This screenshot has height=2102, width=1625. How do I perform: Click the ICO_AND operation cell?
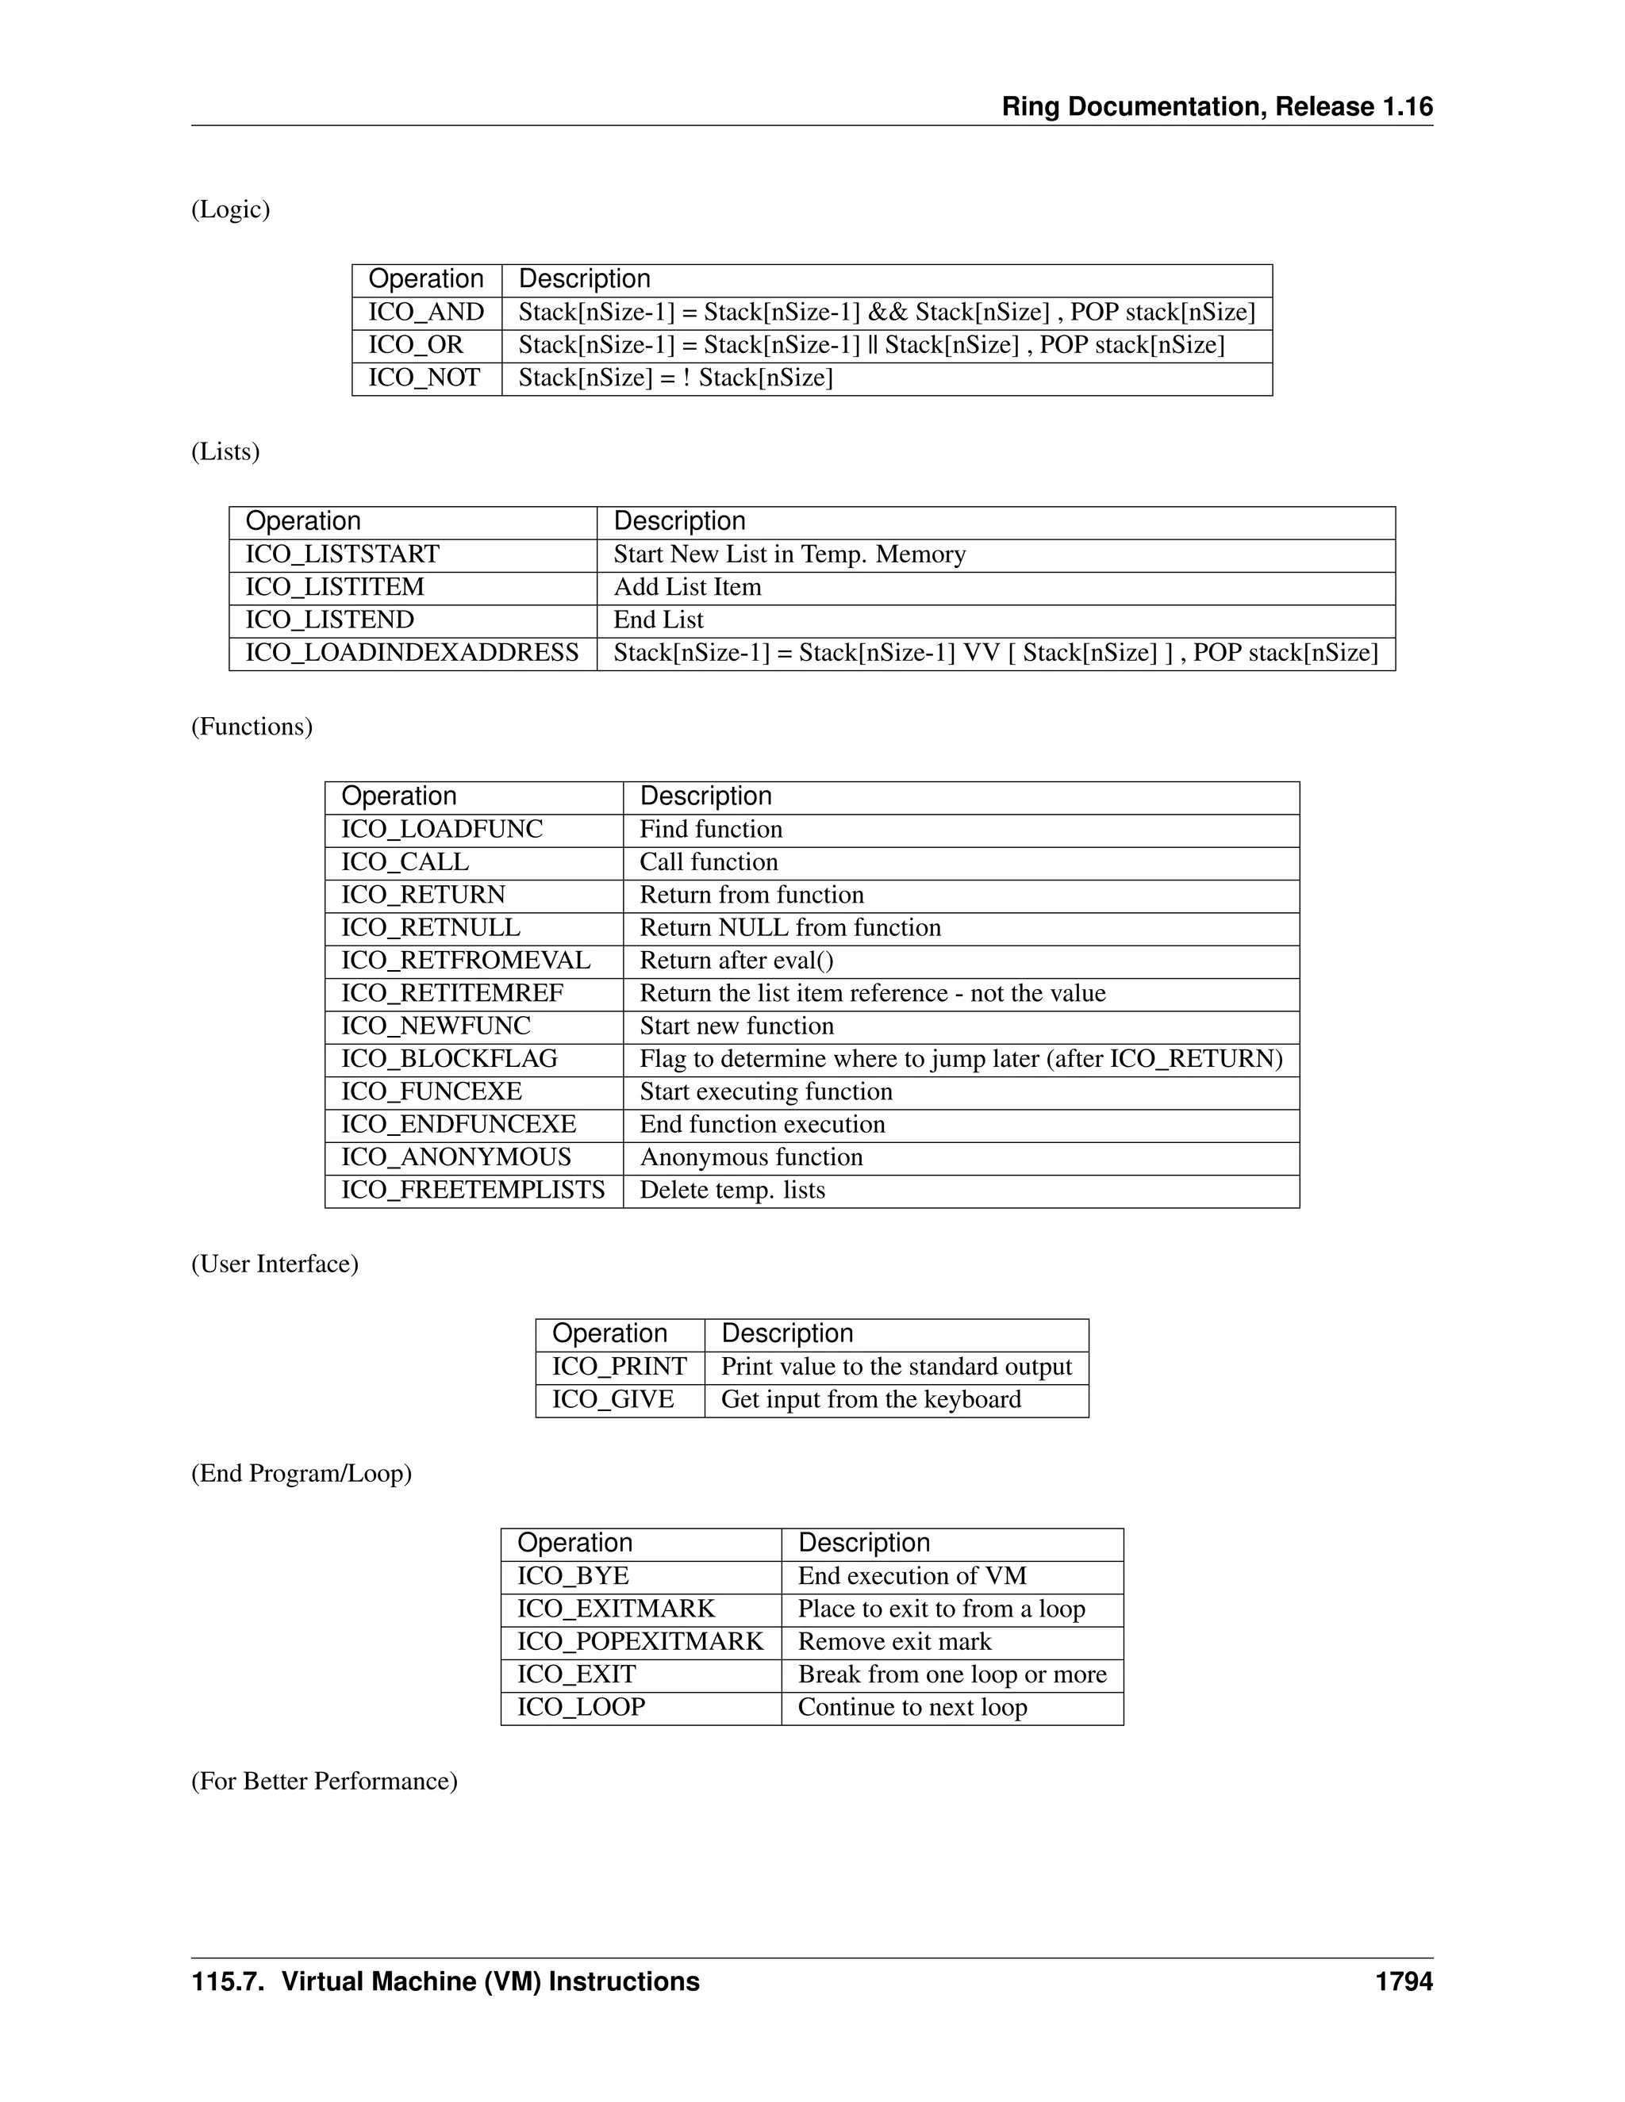click(x=425, y=312)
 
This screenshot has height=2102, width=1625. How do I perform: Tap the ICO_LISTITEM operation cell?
click(x=334, y=587)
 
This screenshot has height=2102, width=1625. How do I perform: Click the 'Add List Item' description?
click(x=687, y=587)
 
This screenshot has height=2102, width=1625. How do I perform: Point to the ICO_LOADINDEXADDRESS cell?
click(x=412, y=653)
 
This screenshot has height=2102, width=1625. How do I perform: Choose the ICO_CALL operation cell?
click(x=405, y=862)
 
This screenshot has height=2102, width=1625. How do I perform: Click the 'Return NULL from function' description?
click(x=790, y=928)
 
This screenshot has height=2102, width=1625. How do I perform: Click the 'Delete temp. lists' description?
click(x=732, y=1190)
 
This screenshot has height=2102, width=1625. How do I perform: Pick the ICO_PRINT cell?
click(x=619, y=1367)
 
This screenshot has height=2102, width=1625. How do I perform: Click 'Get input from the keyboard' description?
click(x=871, y=1399)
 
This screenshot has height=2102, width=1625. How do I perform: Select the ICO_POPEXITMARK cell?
click(x=640, y=1642)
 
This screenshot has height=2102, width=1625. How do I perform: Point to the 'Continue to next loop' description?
click(x=912, y=1708)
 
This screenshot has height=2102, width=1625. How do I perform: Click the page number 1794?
click(x=1404, y=1981)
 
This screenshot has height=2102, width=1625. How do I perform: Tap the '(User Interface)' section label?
click(x=275, y=1264)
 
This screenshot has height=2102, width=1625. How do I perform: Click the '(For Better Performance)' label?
click(x=324, y=1782)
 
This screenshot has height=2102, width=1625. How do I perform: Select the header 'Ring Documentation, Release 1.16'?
click(x=1217, y=107)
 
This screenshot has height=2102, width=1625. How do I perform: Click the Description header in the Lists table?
click(x=680, y=522)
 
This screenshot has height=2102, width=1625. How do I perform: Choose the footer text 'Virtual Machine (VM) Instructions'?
click(x=490, y=1981)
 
